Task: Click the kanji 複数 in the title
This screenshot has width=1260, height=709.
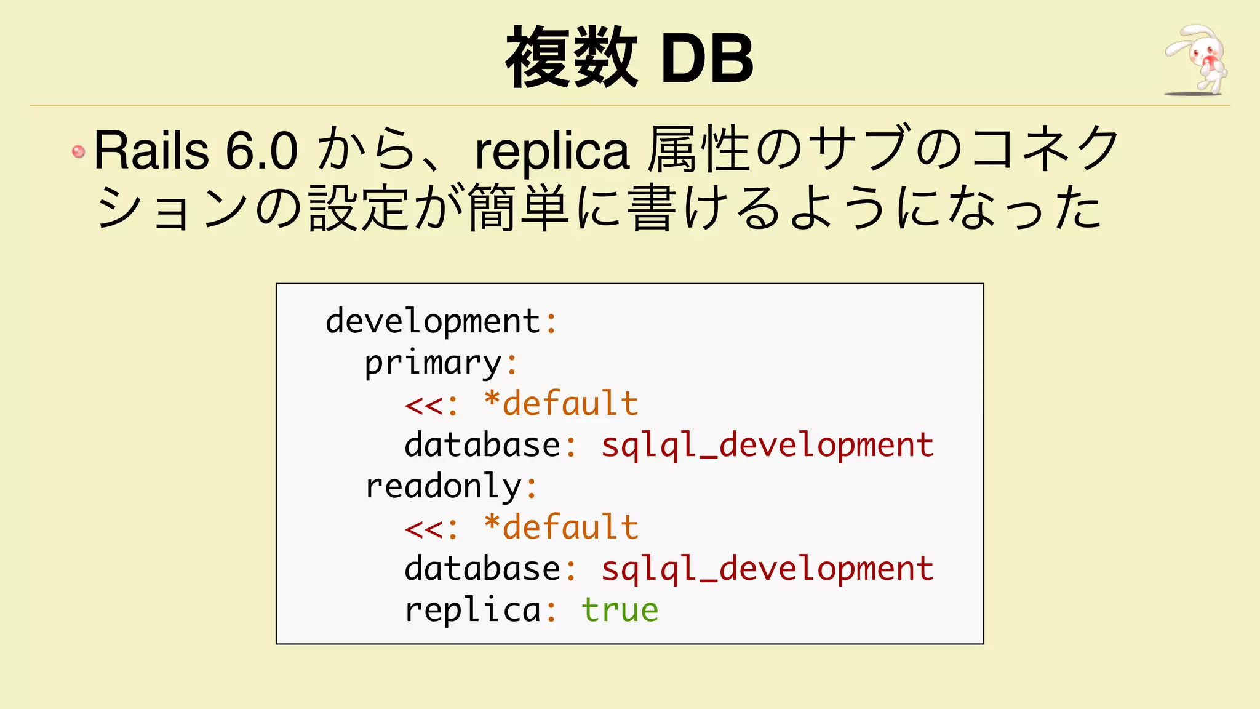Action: tap(571, 58)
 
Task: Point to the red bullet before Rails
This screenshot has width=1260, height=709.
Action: tap(78, 151)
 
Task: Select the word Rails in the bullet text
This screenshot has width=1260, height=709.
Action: tap(151, 150)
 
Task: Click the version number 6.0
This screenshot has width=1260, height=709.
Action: tap(262, 150)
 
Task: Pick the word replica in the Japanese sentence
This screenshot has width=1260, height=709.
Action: tap(552, 151)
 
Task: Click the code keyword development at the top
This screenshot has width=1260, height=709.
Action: tap(433, 321)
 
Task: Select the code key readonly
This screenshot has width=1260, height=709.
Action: tap(443, 486)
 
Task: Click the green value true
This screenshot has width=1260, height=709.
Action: tap(620, 610)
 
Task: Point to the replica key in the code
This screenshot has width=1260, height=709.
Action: tap(472, 610)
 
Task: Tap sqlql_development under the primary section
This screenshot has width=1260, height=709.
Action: tap(767, 445)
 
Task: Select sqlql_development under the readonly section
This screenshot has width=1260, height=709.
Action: tap(767, 569)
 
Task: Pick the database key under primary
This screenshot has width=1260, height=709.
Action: tap(482, 445)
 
